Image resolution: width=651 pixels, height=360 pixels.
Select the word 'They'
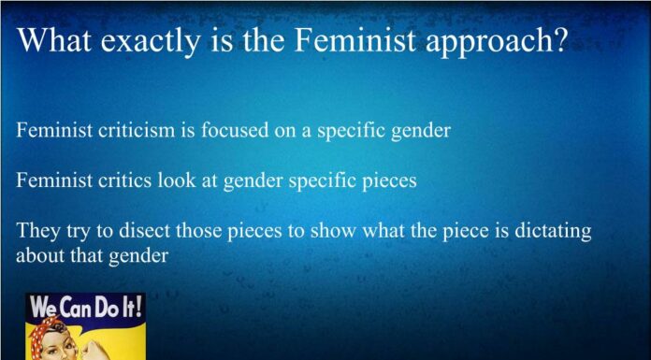pyautogui.click(x=37, y=230)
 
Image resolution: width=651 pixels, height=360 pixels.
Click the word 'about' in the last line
pyautogui.click(x=40, y=254)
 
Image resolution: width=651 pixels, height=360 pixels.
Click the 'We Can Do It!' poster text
pyautogui.click(x=85, y=307)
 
